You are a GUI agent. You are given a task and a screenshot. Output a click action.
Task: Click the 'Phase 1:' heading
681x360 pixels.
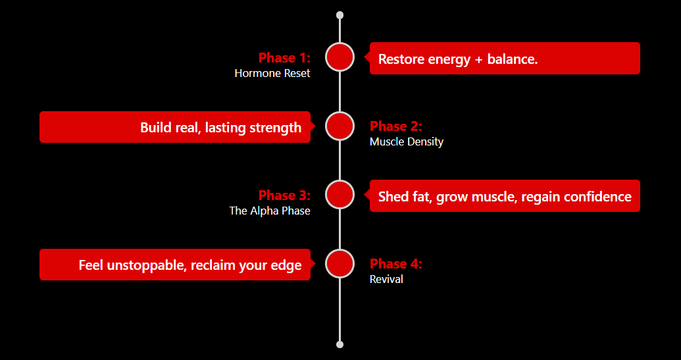284,57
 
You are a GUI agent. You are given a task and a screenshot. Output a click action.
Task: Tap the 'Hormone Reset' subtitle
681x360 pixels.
272,73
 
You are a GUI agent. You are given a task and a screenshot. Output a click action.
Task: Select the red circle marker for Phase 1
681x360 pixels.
340,57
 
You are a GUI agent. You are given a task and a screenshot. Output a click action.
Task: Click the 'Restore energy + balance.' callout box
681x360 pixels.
505,58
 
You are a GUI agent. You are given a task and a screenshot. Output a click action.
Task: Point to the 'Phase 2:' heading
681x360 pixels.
395,126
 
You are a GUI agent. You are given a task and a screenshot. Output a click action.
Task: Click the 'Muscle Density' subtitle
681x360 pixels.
407,141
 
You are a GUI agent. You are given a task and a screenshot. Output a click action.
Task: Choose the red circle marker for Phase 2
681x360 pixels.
340,126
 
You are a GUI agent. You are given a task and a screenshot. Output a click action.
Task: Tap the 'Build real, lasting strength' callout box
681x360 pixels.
175,127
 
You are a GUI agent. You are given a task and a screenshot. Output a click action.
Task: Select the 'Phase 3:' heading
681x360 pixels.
284,195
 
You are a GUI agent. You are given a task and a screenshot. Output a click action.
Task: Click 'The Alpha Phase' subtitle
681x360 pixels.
270,211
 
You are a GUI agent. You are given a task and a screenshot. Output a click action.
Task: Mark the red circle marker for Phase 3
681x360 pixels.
340,195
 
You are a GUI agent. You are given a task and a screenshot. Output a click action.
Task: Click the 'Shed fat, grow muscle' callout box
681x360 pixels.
505,196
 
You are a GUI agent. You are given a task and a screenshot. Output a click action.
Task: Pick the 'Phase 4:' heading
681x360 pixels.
395,264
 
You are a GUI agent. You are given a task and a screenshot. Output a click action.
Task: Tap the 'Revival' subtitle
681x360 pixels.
386,279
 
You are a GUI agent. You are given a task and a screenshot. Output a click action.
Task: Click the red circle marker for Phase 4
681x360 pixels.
340,264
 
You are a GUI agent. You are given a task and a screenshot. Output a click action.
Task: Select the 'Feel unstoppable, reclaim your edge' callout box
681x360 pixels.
175,265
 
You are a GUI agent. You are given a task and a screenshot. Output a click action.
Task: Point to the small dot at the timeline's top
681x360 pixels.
340,15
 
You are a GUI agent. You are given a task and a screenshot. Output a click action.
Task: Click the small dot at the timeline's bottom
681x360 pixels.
340,344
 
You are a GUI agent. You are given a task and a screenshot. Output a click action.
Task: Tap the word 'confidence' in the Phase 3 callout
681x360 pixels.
597,197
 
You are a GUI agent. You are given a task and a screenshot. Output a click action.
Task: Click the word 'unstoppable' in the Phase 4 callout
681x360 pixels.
147,265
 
